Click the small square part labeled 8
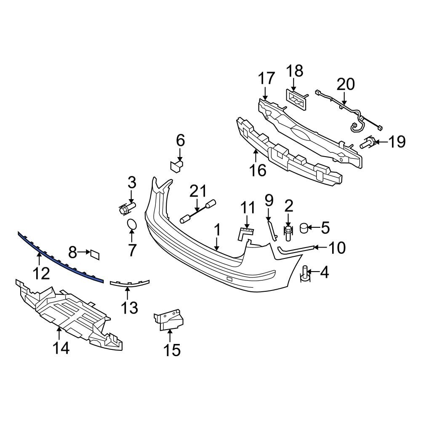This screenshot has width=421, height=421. (94, 253)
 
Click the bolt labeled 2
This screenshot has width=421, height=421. (288, 232)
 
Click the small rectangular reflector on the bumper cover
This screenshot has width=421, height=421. (229, 279)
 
